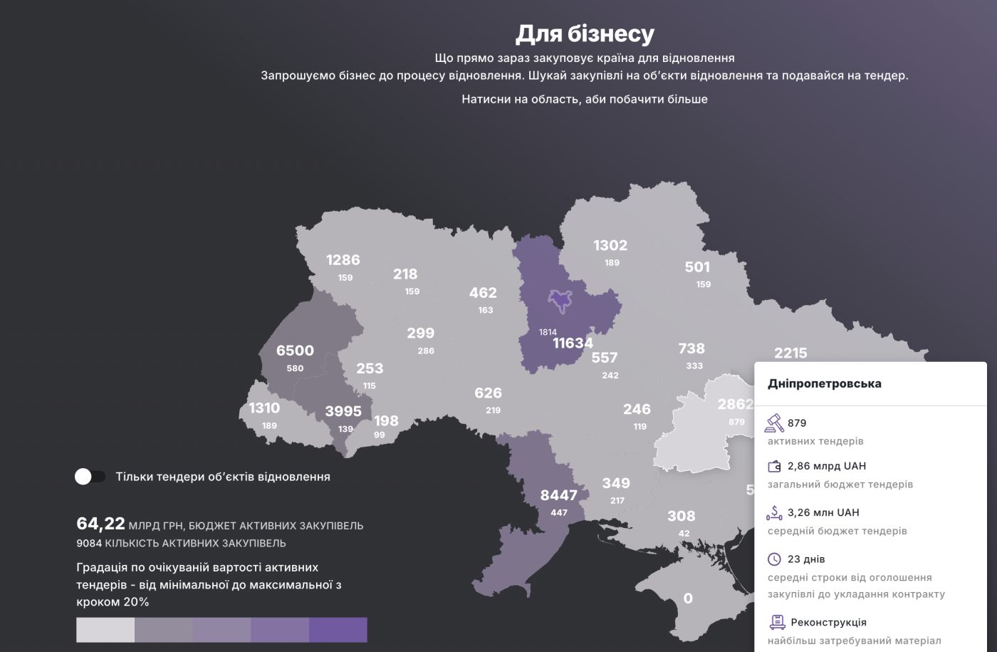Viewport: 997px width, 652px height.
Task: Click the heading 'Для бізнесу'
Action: pyautogui.click(x=585, y=33)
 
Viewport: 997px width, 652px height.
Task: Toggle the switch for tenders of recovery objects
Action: pyautogui.click(x=90, y=477)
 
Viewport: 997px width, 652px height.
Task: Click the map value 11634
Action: pyautogui.click(x=573, y=343)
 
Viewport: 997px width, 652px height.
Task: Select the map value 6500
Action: pyautogui.click(x=295, y=351)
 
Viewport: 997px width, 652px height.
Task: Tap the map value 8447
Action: pyautogui.click(x=558, y=495)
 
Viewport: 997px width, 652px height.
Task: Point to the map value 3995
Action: pyautogui.click(x=343, y=411)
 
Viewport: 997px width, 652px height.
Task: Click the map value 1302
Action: pyautogui.click(x=610, y=246)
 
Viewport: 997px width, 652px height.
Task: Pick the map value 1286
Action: pyautogui.click(x=343, y=260)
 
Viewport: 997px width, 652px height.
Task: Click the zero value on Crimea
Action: pyautogui.click(x=688, y=599)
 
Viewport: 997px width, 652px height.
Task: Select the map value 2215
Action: pyautogui.click(x=790, y=353)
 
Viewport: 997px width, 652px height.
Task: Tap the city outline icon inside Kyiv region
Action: pyautogui.click(x=560, y=301)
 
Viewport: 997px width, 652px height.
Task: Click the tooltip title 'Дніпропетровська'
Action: pyautogui.click(x=824, y=383)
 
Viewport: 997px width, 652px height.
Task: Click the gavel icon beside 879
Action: pyautogui.click(x=774, y=423)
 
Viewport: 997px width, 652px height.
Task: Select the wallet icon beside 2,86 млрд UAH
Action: pyautogui.click(x=774, y=467)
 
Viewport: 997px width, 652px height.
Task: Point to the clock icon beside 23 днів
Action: pyautogui.click(x=774, y=559)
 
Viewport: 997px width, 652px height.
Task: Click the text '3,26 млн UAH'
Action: pyautogui.click(x=823, y=512)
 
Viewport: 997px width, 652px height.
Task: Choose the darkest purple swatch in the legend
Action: pyautogui.click(x=338, y=630)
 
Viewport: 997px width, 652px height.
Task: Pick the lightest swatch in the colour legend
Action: pyautogui.click(x=105, y=630)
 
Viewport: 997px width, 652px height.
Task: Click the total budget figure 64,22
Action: pyautogui.click(x=100, y=524)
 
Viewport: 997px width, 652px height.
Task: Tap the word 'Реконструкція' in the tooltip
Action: pyautogui.click(x=828, y=622)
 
